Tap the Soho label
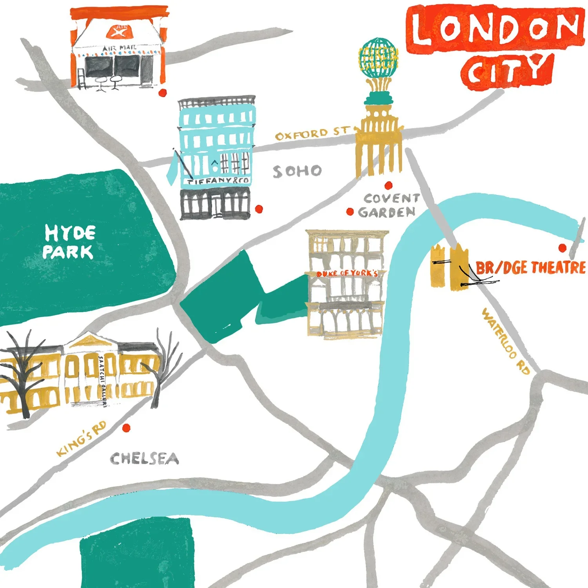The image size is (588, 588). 298,171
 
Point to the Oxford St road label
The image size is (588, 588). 312,133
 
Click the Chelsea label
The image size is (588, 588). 144,459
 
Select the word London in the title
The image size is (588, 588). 495,28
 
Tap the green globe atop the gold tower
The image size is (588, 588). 378,58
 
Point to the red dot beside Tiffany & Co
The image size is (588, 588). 259,209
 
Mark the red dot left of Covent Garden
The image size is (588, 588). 350,212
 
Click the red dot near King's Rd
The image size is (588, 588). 126,428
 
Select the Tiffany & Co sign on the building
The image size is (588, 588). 218,181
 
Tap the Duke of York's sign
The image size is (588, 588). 347,273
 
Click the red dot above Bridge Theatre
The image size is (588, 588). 563,248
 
